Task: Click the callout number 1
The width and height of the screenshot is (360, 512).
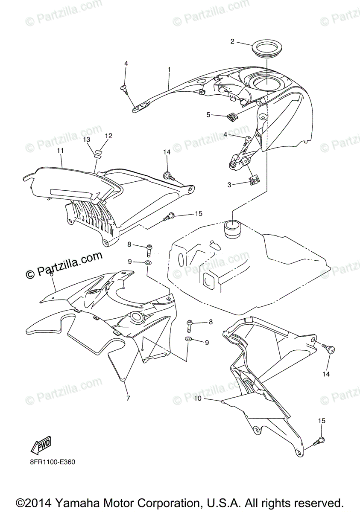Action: coord(169,69)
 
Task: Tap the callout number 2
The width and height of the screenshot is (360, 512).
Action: coord(232,41)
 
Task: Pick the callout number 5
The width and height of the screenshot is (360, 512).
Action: coord(209,114)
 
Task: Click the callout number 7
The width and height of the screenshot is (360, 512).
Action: coord(128,398)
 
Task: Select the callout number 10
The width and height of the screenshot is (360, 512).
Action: coord(197,399)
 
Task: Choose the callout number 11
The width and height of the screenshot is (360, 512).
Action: coord(60,151)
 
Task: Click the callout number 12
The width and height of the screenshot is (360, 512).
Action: coord(108,136)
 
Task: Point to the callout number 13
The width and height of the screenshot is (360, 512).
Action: coord(87,140)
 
